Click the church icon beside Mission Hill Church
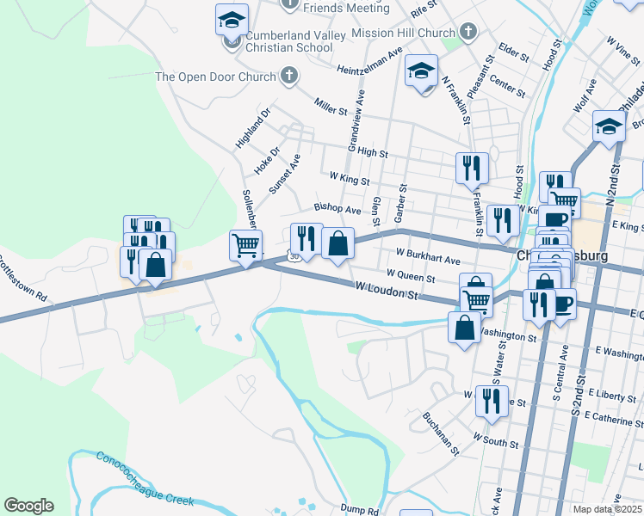(x=468, y=34)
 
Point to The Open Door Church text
(x=214, y=77)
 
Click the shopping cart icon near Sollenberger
(x=245, y=246)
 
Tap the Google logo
(x=28, y=506)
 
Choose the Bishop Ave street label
(x=337, y=209)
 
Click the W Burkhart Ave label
(x=428, y=256)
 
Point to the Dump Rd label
(x=359, y=510)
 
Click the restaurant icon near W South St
(x=491, y=402)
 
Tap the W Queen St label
(x=411, y=275)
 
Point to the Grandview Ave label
(x=356, y=120)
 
